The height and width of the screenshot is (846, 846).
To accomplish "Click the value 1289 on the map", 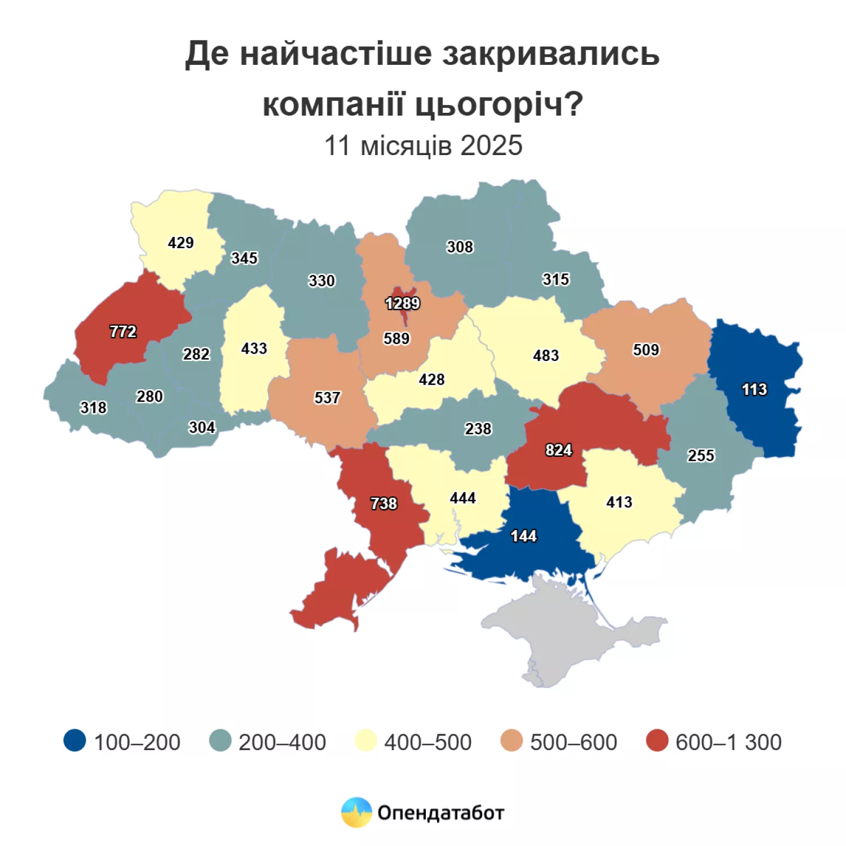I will (x=402, y=303).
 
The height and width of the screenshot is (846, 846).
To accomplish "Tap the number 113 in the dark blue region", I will (x=754, y=389).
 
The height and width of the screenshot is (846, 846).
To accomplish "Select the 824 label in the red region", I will (x=558, y=450).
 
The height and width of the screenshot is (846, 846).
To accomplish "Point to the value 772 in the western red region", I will (x=123, y=331).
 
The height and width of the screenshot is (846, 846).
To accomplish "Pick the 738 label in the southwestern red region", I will (x=384, y=503).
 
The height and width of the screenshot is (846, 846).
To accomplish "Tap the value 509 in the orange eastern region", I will (x=646, y=350).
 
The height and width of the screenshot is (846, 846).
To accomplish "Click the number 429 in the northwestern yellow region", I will (x=180, y=243).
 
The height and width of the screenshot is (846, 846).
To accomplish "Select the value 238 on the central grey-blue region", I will (x=478, y=429).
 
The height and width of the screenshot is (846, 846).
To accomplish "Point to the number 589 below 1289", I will (x=396, y=338).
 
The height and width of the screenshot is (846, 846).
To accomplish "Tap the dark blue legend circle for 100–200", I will (x=74, y=741).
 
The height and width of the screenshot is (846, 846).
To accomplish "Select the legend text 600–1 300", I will (x=728, y=742).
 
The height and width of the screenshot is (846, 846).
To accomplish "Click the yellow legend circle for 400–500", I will (x=366, y=741).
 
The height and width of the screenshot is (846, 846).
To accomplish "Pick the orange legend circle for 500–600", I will (x=512, y=741).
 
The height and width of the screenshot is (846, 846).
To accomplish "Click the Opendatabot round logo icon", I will (x=356, y=812).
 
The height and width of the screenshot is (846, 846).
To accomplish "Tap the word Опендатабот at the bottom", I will (x=440, y=813).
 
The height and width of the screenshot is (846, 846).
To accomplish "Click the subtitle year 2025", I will (x=491, y=146).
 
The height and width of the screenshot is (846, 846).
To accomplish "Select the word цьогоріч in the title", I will (x=499, y=104).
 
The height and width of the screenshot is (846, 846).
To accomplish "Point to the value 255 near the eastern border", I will (x=700, y=455).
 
